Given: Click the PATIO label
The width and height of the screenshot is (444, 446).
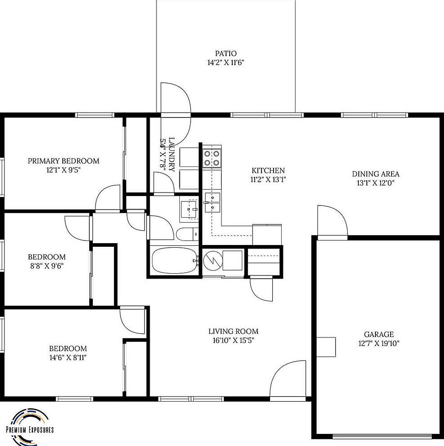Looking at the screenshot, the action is click(226, 53).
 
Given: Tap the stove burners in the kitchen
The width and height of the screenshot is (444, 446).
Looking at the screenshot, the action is click(212, 158).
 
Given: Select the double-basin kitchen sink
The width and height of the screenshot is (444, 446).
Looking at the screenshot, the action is click(213, 202).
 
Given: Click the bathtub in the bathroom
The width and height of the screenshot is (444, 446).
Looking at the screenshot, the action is click(174, 261).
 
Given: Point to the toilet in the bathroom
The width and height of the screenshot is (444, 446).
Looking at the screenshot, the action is click(187, 234).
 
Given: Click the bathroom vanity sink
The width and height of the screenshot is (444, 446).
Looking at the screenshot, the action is click(189, 210).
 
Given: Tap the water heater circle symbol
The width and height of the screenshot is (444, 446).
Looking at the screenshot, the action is click(213, 260).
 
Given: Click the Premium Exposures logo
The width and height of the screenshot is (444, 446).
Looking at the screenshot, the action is click(30, 425).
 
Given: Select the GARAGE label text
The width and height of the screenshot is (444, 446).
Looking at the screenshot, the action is click(379, 334).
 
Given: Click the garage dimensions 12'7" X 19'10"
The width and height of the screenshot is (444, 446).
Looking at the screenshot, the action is click(379, 343).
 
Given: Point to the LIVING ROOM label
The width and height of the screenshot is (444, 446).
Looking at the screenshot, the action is click(233, 331).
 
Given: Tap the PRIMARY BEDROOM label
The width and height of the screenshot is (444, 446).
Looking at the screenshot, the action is click(64, 161).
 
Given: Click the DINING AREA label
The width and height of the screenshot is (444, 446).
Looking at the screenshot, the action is click(375, 174).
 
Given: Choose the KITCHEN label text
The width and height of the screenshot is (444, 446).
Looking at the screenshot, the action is click(268, 171).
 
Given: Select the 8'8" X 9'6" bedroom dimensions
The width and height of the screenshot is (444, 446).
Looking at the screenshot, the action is click(47, 266).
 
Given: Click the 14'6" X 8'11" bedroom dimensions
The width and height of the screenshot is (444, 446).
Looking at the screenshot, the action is click(68, 358).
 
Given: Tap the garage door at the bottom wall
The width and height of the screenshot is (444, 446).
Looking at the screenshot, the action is click(382, 436).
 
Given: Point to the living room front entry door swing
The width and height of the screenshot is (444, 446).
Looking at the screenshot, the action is click(287, 379).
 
